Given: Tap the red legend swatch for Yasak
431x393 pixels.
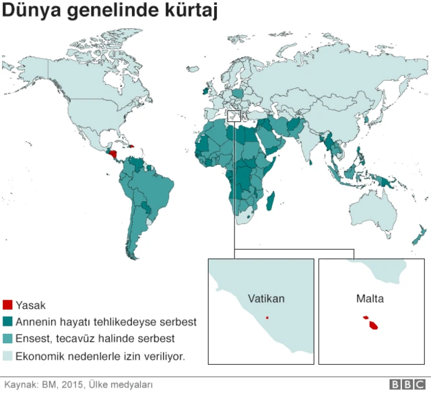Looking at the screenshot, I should tap(7, 305).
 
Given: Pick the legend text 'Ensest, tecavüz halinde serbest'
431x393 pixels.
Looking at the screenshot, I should tap(95, 338).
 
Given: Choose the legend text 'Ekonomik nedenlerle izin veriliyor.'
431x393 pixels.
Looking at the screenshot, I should tap(100, 355).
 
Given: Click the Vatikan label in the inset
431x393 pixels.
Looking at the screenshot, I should tap(266, 299).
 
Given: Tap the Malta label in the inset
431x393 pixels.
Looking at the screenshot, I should tap(370, 297).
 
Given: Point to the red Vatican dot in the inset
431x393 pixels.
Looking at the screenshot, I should tap(267, 318).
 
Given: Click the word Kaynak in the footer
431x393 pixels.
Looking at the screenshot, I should tap(20, 385).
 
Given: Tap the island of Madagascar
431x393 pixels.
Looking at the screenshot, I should tap(271, 199).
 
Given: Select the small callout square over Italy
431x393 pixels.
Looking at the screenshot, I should tap(234, 117).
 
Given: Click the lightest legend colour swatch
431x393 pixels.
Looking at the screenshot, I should tap(7, 355).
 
